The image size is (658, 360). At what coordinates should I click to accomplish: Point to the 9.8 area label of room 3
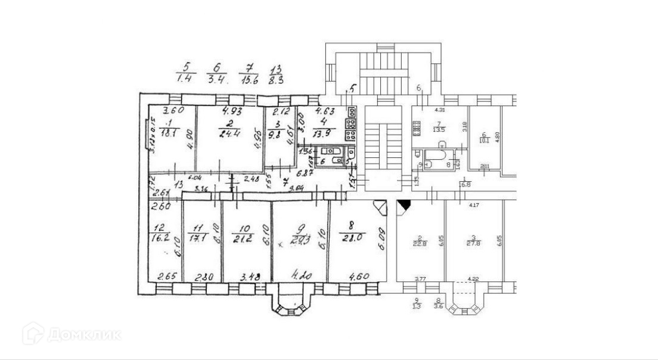tap(275, 134)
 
